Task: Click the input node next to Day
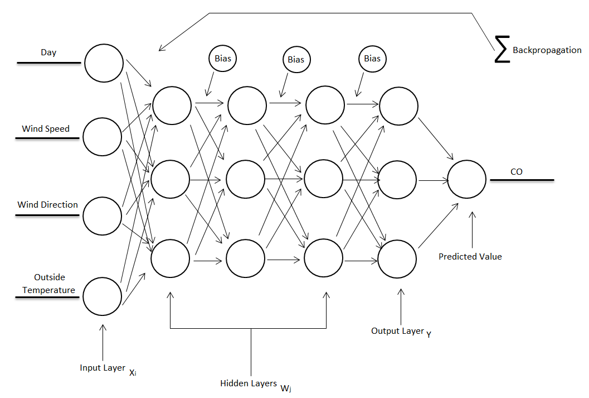(x=104, y=63)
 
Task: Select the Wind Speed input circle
(x=103, y=137)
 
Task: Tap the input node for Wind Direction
(x=103, y=215)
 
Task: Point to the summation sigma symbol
(x=502, y=49)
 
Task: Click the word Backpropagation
(x=547, y=50)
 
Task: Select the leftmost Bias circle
(x=223, y=58)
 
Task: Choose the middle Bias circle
(x=296, y=59)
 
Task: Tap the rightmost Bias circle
(x=372, y=59)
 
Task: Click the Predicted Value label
(x=470, y=257)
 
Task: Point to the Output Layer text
(x=397, y=331)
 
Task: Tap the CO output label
(x=517, y=172)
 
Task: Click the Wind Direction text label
(x=48, y=205)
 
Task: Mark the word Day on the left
(x=48, y=53)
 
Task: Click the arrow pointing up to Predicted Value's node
(x=473, y=229)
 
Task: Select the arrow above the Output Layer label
(x=401, y=304)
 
